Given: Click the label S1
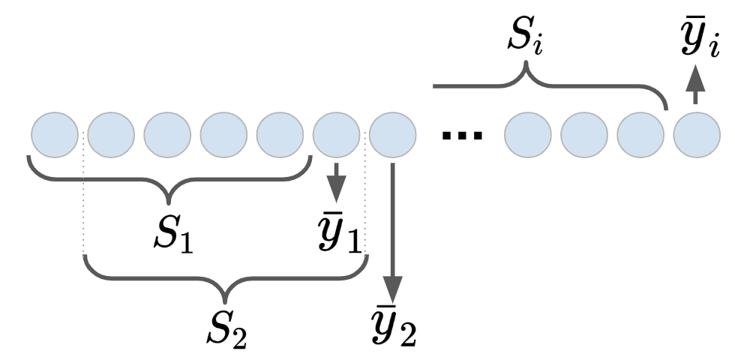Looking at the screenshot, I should [173, 237].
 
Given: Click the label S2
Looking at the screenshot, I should [226, 328].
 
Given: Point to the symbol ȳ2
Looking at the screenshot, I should [394, 326].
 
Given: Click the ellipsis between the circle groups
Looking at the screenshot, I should [460, 135].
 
